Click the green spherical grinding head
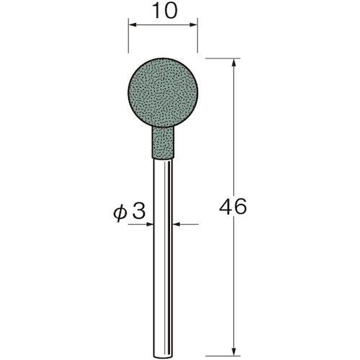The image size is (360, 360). pyautogui.click(x=161, y=93)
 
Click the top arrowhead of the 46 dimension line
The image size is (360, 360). pyautogui.click(x=235, y=62)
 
